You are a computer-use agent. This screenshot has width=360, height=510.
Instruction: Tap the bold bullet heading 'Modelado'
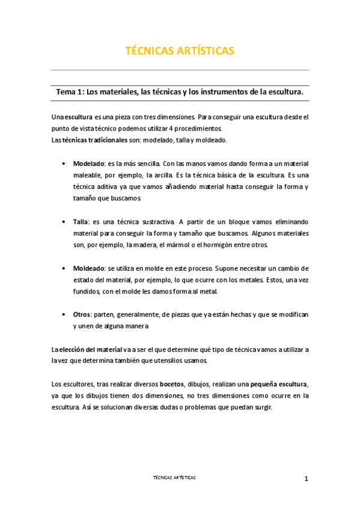tap(89, 163)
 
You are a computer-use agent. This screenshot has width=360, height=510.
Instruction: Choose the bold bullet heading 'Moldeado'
tap(90, 268)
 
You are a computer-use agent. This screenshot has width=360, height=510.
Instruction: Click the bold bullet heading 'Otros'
tap(83, 315)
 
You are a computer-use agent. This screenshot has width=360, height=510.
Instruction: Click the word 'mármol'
tap(204, 245)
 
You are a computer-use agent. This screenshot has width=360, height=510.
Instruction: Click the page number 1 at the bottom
tap(306, 479)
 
